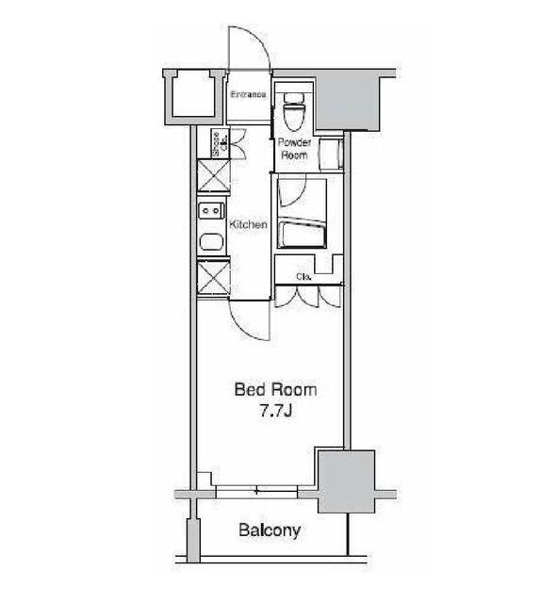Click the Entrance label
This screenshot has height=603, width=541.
coord(248,94)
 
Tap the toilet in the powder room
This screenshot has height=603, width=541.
coord(294,110)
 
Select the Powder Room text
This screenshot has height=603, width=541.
coord(294,149)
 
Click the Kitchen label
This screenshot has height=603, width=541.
coord(248,224)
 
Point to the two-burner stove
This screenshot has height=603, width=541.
coord(211,211)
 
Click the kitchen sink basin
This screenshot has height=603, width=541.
coord(211,242)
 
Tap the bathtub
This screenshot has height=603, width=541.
coord(303,234)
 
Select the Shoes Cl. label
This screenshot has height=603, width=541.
coord(220,144)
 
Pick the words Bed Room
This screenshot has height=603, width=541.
coord(275,390)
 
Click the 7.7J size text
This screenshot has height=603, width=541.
coord(275,412)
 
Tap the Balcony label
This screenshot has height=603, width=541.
coord(270,530)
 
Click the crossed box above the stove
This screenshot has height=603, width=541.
coord(212,176)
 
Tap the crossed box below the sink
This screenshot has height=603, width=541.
coord(212,278)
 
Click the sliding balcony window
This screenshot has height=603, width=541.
coord(256,492)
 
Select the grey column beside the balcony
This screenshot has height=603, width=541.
coord(346,481)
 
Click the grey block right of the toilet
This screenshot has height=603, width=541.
coord(348,102)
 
